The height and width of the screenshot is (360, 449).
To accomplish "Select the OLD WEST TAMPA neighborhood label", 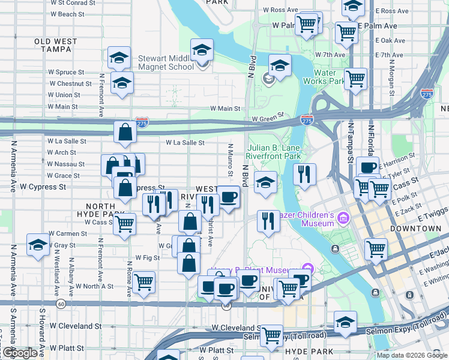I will click(x=56, y=45).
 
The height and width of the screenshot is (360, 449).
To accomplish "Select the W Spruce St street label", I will click(x=71, y=73).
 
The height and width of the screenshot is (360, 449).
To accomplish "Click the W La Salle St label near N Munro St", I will click(x=185, y=143).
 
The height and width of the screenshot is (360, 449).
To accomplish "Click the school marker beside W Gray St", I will click(x=38, y=245).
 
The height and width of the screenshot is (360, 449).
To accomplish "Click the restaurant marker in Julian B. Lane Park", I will click(x=305, y=174).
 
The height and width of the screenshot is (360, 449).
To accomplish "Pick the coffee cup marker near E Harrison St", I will click(x=367, y=167).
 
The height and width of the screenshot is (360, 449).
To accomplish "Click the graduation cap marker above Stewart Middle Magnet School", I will click(x=202, y=49).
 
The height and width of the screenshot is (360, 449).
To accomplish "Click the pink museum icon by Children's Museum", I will click(x=343, y=217).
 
